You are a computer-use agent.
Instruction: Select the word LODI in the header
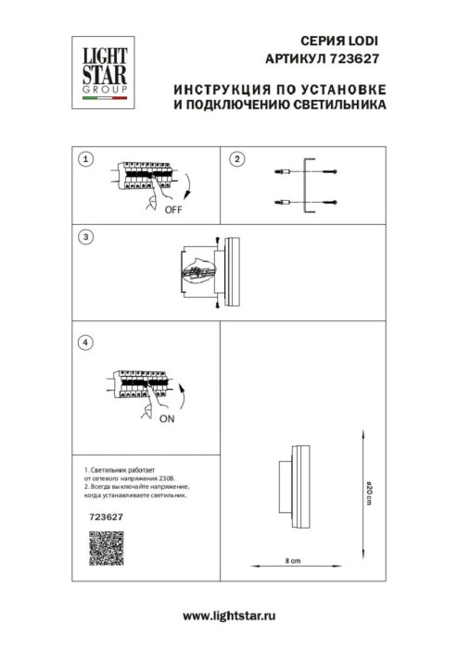point(364,42)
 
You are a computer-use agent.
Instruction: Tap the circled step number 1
point(86,159)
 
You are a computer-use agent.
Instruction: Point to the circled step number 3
point(86,237)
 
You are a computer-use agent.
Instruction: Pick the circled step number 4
point(86,342)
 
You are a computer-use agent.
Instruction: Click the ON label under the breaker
point(167,418)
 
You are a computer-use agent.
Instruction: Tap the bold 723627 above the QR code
point(104,518)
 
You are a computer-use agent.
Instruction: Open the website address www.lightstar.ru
point(229,615)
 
